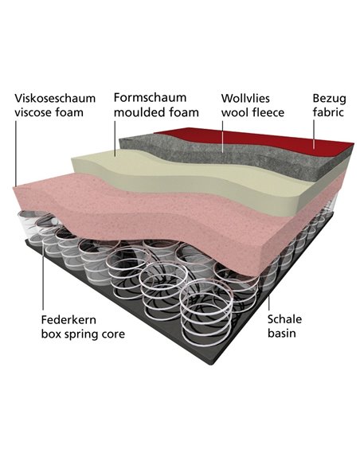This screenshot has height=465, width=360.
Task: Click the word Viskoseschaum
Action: (55, 98)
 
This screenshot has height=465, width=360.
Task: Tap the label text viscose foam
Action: (49, 112)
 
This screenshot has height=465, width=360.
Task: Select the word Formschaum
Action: (150, 98)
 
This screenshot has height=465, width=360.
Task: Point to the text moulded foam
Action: (156, 112)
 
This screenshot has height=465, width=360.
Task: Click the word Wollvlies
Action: (245, 98)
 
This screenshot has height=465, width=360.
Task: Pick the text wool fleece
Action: (252, 112)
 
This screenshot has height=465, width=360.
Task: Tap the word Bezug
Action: (330, 99)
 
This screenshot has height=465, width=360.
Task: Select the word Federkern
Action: (68, 320)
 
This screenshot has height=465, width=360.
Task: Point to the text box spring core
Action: (83, 334)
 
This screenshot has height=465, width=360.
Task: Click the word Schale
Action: (284, 319)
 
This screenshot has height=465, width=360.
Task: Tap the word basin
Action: (282, 334)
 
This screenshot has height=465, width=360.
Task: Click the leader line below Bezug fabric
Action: (314, 134)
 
